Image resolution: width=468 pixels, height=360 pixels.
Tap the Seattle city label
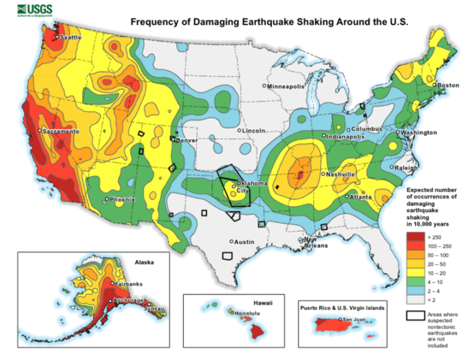tap(71, 38)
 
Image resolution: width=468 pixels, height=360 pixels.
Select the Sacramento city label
tap(60, 131)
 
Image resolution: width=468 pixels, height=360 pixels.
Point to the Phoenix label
tap(122, 199)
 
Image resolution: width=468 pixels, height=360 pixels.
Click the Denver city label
tap(186, 139)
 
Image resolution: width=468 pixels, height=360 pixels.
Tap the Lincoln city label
tap(253, 130)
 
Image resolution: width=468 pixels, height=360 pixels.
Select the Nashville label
tap(341, 174)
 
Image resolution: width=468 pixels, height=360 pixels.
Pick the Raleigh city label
tap(406, 168)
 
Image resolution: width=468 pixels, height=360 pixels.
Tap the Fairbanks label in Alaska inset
tap(129, 284)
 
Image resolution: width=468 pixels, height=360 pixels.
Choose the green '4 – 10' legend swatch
tap(415, 282)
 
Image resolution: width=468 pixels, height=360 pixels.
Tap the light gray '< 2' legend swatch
tap(415, 300)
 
